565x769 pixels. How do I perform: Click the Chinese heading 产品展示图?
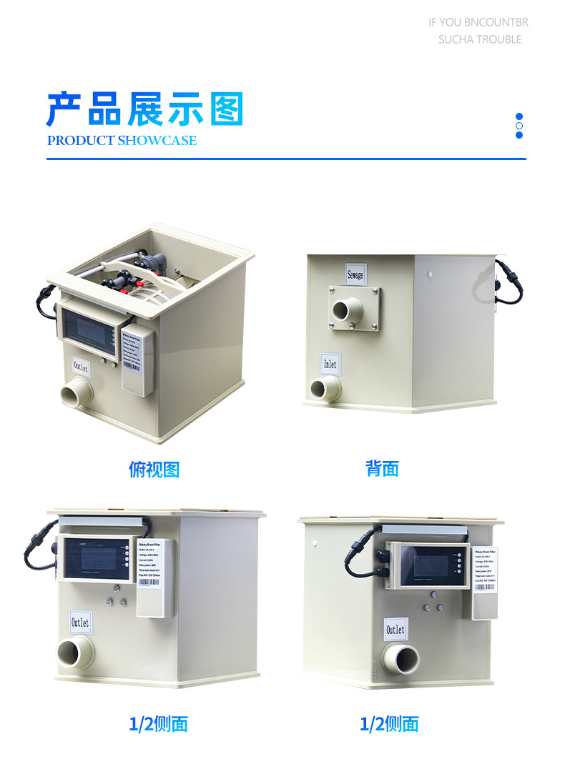[x=145, y=110]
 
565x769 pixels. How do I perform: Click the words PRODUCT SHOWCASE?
[x=122, y=141]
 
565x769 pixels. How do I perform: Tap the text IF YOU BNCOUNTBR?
[x=478, y=22]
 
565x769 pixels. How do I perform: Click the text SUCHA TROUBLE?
[x=480, y=39]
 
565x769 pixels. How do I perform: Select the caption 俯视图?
[x=154, y=470]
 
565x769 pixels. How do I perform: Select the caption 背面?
[x=382, y=469]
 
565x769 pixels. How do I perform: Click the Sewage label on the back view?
[x=355, y=274]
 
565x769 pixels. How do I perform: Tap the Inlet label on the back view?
[x=330, y=364]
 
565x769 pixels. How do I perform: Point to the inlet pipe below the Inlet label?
[x=325, y=389]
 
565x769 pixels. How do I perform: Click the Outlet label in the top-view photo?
[x=81, y=367]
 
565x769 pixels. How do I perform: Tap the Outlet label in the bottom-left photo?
[x=79, y=622]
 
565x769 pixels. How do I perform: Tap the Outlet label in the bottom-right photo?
[x=395, y=630]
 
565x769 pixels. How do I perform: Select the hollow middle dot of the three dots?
[x=519, y=126]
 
